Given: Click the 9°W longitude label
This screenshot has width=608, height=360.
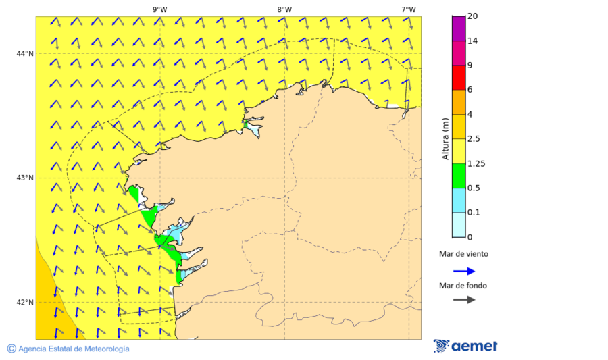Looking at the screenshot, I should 159,9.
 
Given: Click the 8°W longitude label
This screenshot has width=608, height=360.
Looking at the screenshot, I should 284,9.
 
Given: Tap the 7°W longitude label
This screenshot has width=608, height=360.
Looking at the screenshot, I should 408,9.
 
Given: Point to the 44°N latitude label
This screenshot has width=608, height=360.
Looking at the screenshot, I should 25,53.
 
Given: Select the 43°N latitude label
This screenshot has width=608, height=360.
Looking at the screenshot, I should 25,178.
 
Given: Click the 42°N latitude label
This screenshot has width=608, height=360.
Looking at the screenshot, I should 25,302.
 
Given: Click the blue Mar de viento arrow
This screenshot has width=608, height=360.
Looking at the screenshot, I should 464,271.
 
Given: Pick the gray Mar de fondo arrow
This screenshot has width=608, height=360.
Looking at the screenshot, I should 464,300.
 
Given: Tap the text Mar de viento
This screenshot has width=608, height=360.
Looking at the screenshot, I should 463,255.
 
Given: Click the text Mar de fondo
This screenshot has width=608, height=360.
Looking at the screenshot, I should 463,285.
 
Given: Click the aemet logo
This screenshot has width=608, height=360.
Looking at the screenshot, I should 465,346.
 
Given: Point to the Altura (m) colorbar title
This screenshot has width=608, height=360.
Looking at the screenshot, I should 445,138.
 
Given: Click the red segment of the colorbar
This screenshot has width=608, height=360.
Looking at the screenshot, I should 458,78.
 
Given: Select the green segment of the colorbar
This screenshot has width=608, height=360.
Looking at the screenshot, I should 458,176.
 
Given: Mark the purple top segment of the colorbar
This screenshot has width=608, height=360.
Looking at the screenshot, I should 458,28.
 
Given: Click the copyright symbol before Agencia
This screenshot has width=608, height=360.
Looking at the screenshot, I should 11,349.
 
